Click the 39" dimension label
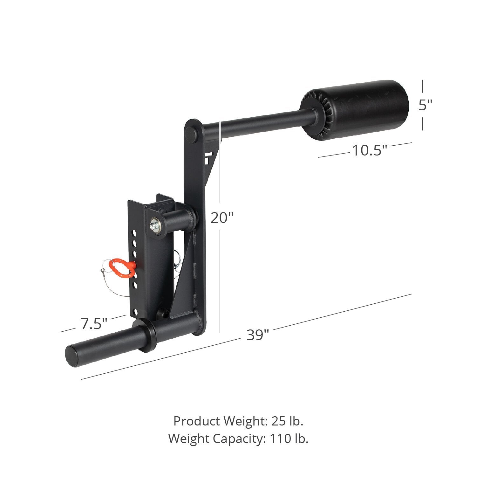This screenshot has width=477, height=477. click(257, 335)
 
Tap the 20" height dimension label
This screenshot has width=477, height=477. click(222, 218)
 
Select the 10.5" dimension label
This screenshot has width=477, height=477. click(370, 150)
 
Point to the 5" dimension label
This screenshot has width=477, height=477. click(425, 105)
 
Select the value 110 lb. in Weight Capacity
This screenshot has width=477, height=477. click(289, 439)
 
